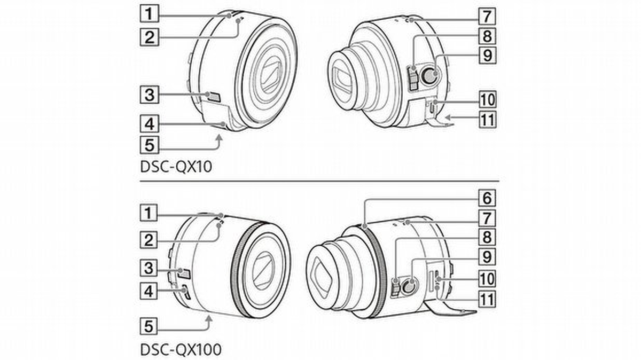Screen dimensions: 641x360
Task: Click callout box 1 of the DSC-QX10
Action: (149, 14)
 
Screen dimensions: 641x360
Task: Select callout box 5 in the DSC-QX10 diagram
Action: (149, 145)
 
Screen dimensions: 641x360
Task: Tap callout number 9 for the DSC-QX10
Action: (487, 55)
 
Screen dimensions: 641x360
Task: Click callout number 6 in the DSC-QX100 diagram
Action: (487, 198)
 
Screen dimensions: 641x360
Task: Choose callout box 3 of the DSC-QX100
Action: (148, 268)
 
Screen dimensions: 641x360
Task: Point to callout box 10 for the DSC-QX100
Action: (487, 279)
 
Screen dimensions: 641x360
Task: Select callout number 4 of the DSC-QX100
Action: (148, 291)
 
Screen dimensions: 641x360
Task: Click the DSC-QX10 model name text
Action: (176, 167)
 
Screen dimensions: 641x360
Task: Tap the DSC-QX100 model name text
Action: (181, 349)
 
